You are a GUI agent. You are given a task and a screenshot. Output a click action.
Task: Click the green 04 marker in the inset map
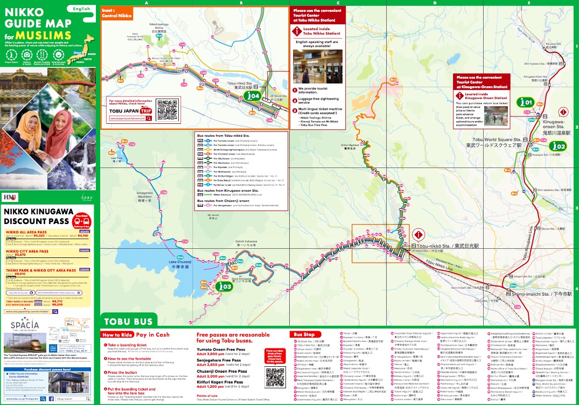coord(252,96)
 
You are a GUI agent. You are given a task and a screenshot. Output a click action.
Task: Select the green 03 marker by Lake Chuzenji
coord(225,287)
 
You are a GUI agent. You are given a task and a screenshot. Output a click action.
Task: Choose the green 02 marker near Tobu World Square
coord(558,146)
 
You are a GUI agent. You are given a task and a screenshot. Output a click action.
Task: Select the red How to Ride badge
coord(115,334)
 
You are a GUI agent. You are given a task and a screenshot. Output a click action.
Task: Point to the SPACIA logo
coord(24,324)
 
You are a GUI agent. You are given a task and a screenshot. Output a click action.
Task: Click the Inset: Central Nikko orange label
coord(117,13)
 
